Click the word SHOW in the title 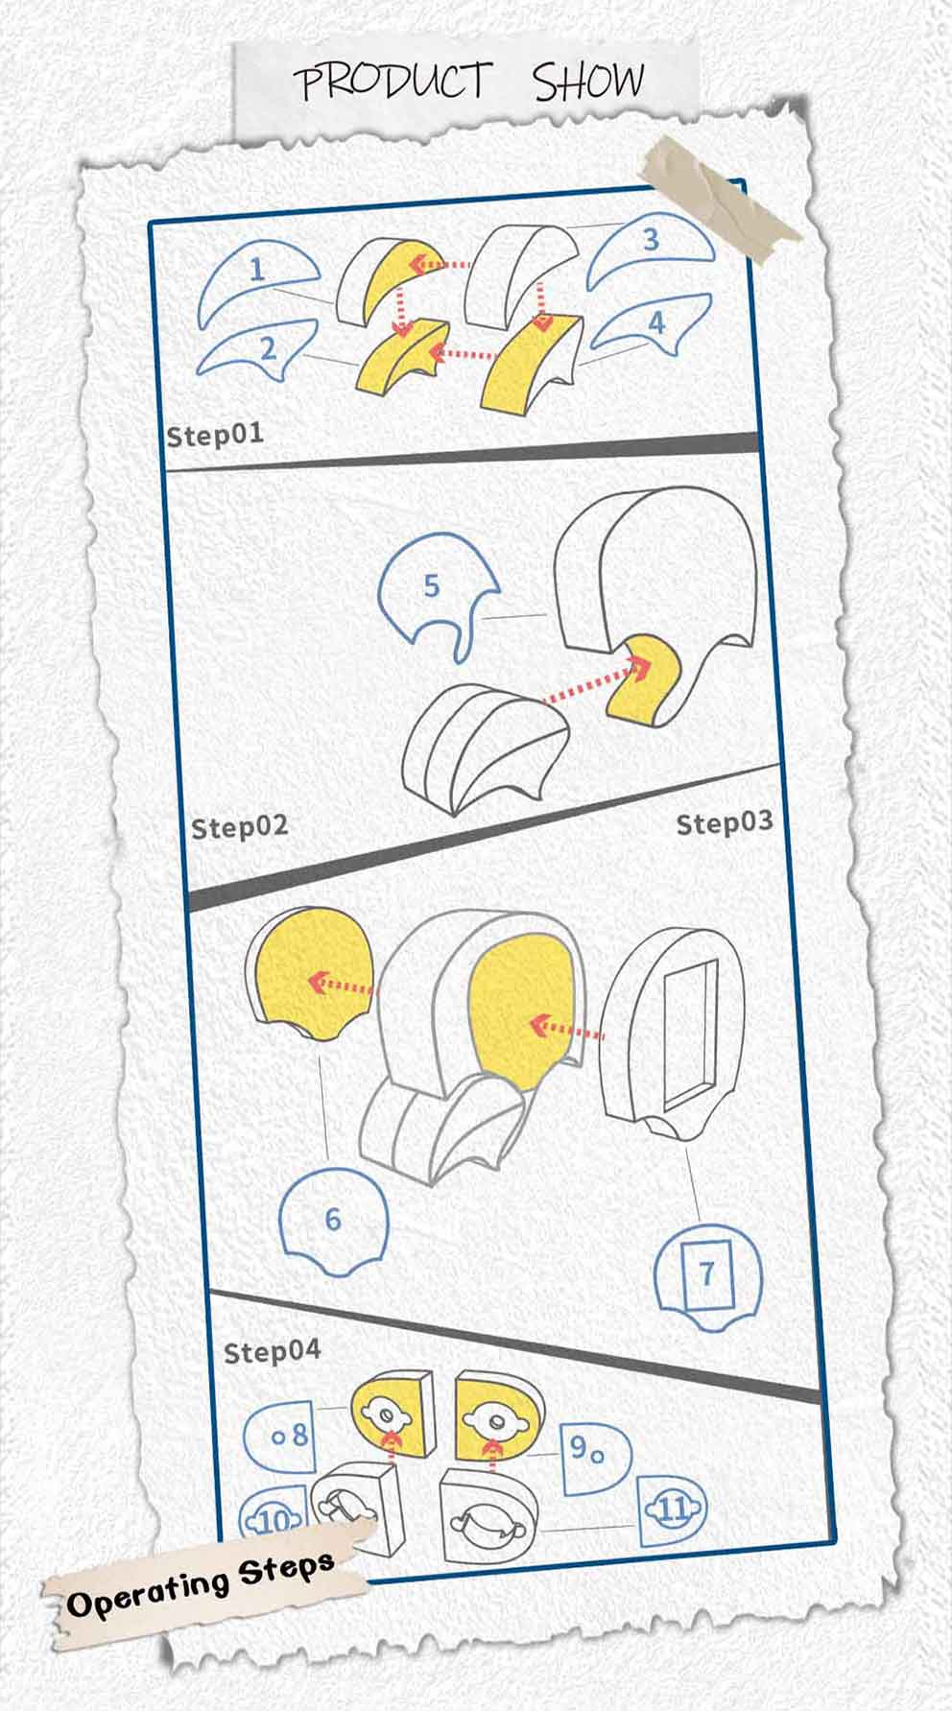click(588, 82)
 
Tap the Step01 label click(215, 435)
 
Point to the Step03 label click(725, 823)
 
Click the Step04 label click(272, 1352)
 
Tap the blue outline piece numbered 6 click(333, 1220)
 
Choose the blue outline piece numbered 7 click(707, 1277)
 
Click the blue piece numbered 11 click(672, 1509)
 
